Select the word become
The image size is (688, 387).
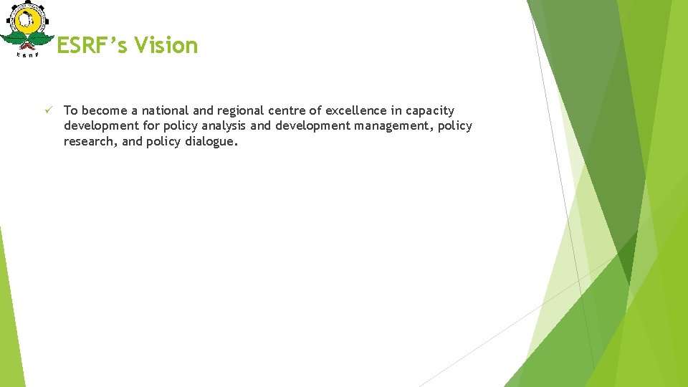(x=104, y=110)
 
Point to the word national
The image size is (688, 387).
(x=166, y=110)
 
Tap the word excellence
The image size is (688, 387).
(x=356, y=110)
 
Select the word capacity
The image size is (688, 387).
(x=429, y=111)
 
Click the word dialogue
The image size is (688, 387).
(x=210, y=141)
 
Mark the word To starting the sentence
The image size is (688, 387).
(x=70, y=110)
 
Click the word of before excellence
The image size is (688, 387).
(x=316, y=110)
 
